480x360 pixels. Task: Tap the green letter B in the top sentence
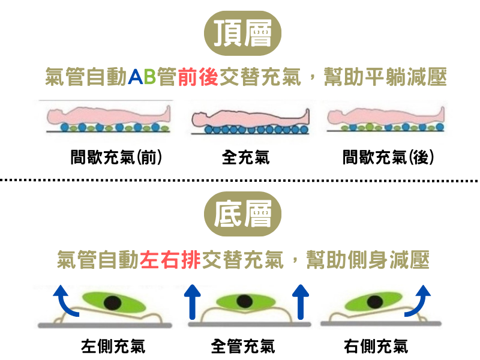149,77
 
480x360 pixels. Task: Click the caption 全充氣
245,158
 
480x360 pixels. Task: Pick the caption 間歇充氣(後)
388,158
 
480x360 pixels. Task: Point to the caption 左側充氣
113,346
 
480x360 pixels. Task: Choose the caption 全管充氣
243,346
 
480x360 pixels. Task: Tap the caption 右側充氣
376,346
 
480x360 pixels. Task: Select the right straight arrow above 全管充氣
302,301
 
